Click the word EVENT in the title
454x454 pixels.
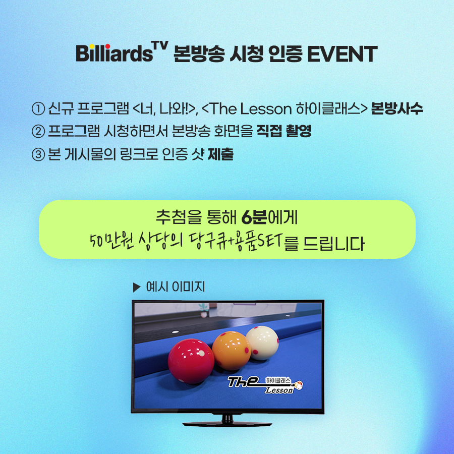(x=342, y=54)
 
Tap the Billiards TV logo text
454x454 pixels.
(x=122, y=52)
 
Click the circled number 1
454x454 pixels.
(x=38, y=109)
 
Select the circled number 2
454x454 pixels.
(x=38, y=132)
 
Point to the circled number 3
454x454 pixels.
(x=38, y=154)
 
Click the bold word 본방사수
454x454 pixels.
(x=396, y=108)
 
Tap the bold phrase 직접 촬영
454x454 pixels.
(x=284, y=131)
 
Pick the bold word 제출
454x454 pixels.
(x=220, y=154)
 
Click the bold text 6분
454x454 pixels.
(x=254, y=217)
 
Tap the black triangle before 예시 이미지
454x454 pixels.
(x=136, y=287)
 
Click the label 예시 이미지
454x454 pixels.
(x=176, y=287)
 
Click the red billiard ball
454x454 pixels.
(x=191, y=361)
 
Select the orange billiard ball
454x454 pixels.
(x=232, y=351)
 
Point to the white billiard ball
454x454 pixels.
(x=262, y=343)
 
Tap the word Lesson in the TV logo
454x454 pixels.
(x=279, y=390)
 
